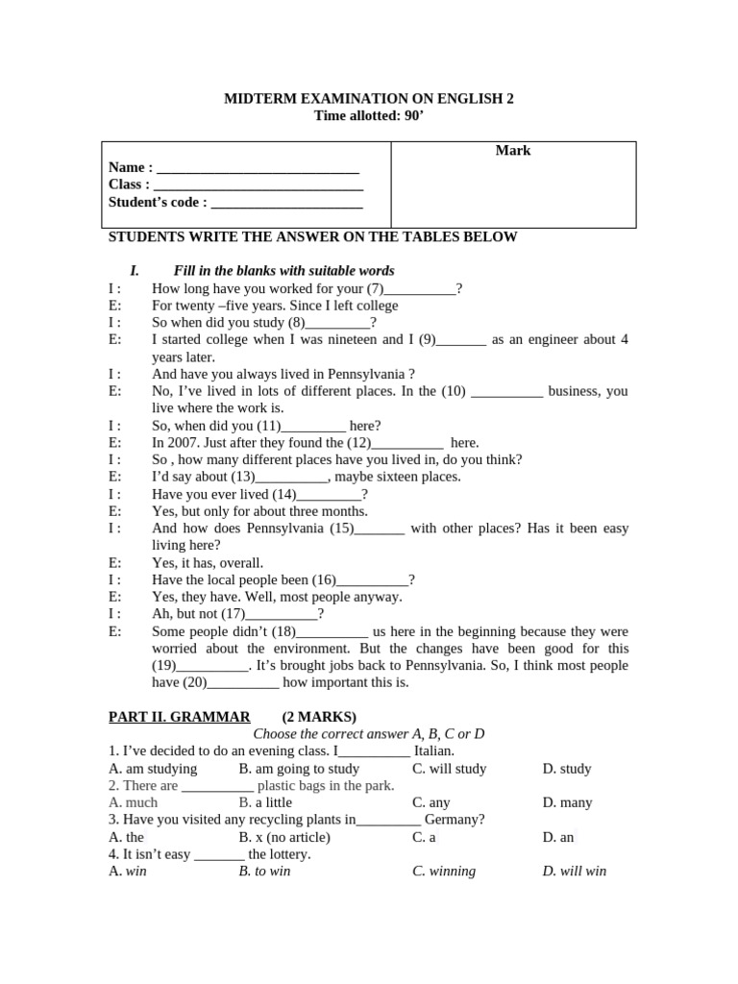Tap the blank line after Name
click(x=258, y=167)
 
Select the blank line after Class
click(x=258, y=184)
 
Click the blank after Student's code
click(x=286, y=202)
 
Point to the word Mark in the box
click(x=513, y=151)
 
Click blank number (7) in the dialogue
click(x=420, y=289)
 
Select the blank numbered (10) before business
click(x=507, y=392)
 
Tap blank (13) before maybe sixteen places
click(x=292, y=478)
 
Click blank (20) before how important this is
click(x=242, y=683)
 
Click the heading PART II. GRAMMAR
click(x=180, y=717)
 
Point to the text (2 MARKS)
click(x=319, y=717)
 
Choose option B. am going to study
click(x=299, y=769)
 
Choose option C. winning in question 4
click(x=444, y=872)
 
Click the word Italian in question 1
click(x=434, y=751)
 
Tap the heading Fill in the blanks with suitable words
click(x=283, y=271)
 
